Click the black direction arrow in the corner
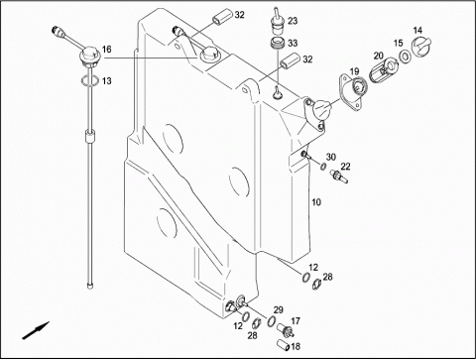[36, 330]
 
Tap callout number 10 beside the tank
[316, 202]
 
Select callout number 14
[417, 31]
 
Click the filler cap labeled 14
[420, 47]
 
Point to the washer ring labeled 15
[405, 57]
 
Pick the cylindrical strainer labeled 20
[384, 69]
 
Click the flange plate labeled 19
[352, 92]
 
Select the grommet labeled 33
[277, 45]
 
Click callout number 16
[106, 50]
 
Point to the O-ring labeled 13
[89, 80]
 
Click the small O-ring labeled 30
[323, 167]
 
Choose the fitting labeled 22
[339, 176]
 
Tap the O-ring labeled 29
[272, 320]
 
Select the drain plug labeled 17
[287, 330]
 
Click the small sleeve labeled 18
[284, 345]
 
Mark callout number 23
[293, 21]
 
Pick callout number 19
[354, 71]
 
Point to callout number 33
[293, 43]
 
